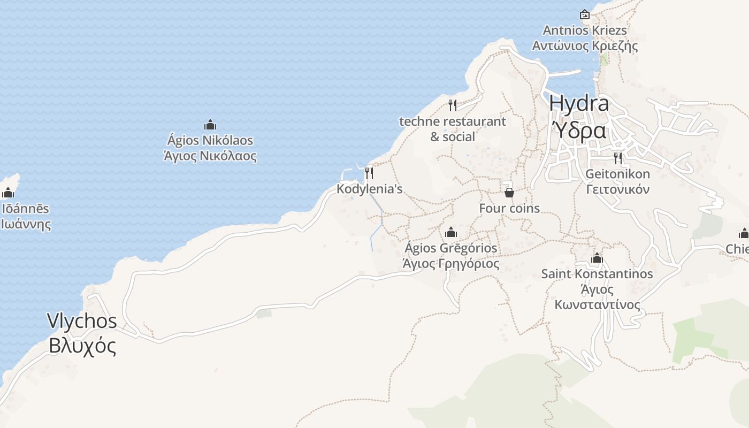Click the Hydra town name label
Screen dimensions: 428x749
579,103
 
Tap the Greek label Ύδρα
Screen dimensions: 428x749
579,130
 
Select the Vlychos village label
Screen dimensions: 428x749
82,321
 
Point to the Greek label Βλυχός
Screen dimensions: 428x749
82,346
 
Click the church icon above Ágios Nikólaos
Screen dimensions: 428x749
210,125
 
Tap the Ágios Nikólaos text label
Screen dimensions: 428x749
210,141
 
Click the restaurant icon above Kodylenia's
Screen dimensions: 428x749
369,173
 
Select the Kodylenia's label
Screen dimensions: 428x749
369,189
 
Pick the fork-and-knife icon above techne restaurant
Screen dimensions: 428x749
453,105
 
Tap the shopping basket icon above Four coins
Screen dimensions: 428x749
509,192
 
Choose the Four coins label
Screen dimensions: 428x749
509,208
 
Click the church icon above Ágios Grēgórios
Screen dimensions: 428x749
451,232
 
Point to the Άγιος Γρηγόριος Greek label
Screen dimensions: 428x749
451,264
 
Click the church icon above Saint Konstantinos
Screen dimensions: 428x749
597,258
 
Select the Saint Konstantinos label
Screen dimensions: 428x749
597,274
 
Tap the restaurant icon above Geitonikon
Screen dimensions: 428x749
618,158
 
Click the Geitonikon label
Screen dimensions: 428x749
618,174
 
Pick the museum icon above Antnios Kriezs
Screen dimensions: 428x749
585,14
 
